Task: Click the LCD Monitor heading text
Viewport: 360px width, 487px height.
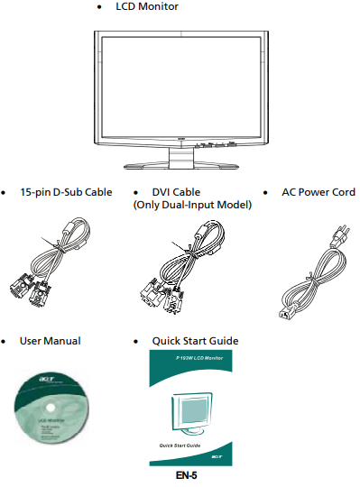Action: [x=147, y=7]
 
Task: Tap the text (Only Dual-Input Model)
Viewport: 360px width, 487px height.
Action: [x=187, y=205]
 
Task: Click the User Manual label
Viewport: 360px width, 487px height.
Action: [x=51, y=341]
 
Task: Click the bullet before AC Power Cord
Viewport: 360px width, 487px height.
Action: [x=264, y=193]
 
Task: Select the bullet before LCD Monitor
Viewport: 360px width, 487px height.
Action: [x=97, y=8]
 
